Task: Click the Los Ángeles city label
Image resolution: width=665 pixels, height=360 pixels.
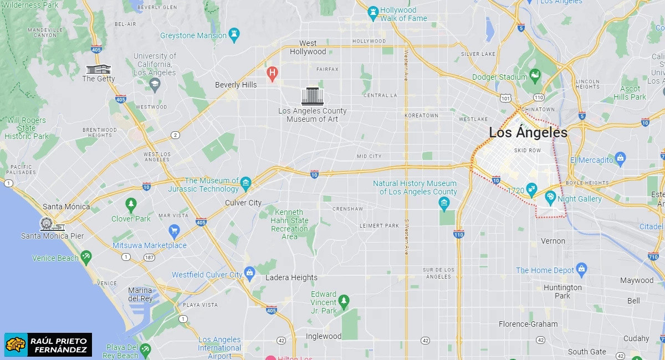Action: [x=528, y=133]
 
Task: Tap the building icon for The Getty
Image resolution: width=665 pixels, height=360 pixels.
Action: [x=99, y=69]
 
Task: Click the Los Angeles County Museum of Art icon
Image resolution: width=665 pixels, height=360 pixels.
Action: [x=313, y=96]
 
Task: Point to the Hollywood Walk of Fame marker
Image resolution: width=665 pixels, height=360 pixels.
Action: [x=373, y=11]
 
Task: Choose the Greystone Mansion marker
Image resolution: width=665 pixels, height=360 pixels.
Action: [x=234, y=34]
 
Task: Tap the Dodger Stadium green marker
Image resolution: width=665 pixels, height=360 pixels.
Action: [x=535, y=74]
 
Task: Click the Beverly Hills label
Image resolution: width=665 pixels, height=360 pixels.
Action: [x=236, y=85]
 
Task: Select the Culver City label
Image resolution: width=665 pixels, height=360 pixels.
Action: [x=243, y=203]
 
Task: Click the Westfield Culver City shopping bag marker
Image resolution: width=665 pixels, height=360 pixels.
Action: [x=250, y=272]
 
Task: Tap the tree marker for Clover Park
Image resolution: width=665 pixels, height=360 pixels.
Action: [x=131, y=204]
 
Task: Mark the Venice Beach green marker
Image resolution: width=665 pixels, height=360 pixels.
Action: [x=85, y=256]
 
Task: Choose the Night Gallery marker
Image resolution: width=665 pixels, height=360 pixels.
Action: [x=550, y=197]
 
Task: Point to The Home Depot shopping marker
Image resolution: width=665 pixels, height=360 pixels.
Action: [x=581, y=269]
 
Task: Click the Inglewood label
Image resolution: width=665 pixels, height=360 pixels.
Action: [x=324, y=336]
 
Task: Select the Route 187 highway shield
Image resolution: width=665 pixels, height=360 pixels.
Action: [x=149, y=258]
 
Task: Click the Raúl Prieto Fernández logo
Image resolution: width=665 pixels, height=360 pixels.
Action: [x=48, y=344]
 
